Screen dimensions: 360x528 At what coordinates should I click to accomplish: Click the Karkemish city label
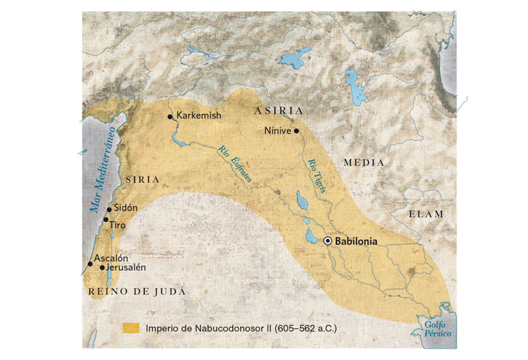pos(199,116)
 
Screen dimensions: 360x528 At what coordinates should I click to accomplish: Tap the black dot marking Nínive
pos(297,131)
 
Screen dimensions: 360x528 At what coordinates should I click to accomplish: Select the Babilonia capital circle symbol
pos(327,241)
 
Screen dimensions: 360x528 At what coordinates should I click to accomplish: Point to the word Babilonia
pos(356,241)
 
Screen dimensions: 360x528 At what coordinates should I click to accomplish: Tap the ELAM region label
pos(426,214)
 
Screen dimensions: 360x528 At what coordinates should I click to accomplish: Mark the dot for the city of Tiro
pos(106,219)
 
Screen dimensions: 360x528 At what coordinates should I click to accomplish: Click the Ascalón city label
pos(111,258)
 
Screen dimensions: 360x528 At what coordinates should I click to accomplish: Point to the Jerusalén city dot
pos(102,268)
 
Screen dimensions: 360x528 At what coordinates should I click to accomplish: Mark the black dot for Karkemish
pos(170,117)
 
